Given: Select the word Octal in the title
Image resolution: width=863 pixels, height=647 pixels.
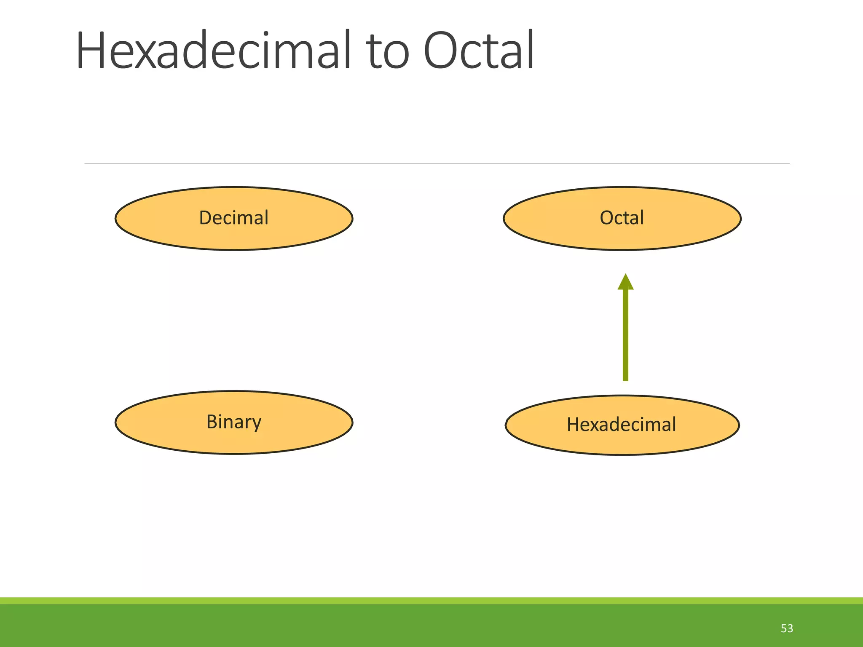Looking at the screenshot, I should [x=479, y=51].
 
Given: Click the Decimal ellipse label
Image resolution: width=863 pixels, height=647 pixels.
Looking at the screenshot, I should [x=233, y=218].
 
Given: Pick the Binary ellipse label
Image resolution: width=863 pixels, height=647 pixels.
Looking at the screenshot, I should [x=234, y=422].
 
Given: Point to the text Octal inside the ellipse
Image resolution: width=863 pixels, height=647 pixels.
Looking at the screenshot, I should [x=622, y=218].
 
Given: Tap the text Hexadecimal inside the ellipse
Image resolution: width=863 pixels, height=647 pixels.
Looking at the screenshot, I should [x=621, y=425].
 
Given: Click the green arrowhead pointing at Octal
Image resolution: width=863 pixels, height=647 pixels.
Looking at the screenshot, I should [x=625, y=282].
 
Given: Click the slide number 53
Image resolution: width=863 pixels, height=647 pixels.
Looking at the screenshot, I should [x=787, y=628].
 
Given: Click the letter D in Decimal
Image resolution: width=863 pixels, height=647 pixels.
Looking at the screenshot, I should [x=205, y=218].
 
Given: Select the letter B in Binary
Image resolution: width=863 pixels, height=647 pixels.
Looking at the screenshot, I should [x=212, y=422].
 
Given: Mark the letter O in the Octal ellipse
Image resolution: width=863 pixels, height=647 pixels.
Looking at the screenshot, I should [x=607, y=218].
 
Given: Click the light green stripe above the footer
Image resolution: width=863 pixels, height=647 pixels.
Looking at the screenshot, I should [x=431, y=600].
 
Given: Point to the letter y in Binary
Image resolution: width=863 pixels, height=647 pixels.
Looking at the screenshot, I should [x=256, y=424].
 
